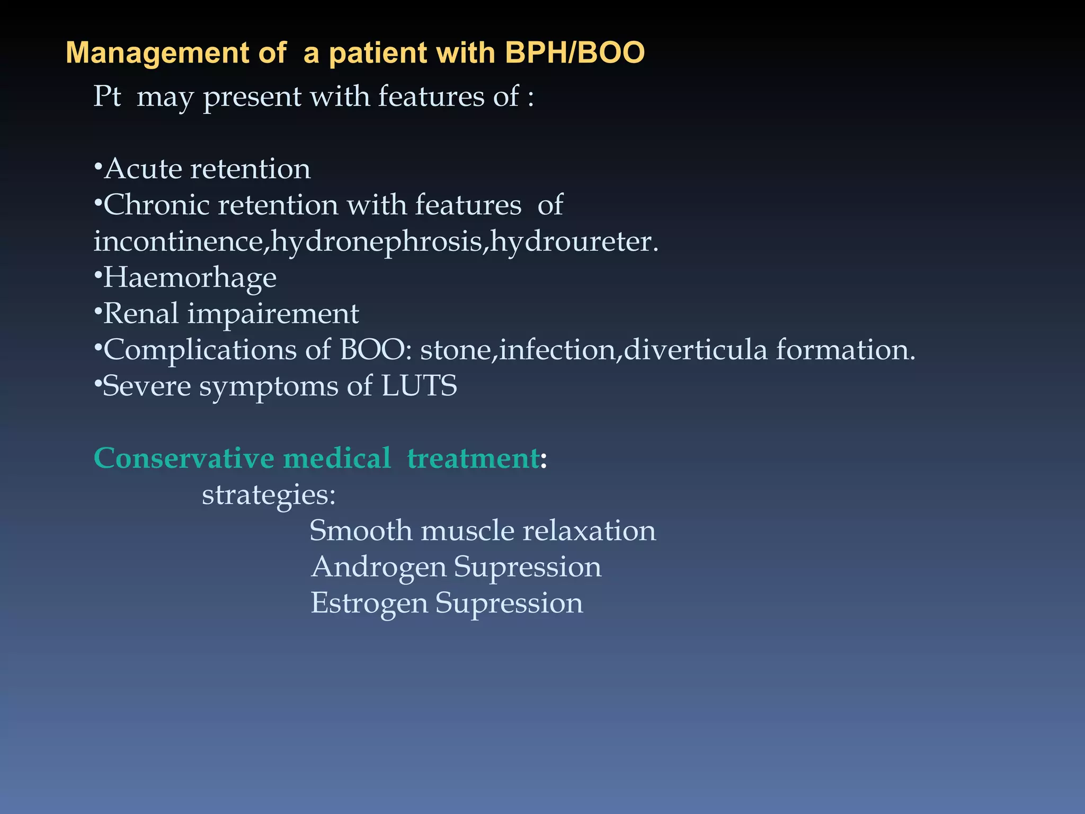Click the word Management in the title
point(157,53)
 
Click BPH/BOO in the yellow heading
point(574,53)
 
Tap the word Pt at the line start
point(107,97)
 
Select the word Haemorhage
point(189,278)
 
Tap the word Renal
point(141,314)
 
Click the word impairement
point(273,314)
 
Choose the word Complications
point(199,350)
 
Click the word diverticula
point(695,350)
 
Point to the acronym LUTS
point(419,386)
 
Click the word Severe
point(146,386)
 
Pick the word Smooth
point(361,530)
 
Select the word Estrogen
point(369,603)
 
